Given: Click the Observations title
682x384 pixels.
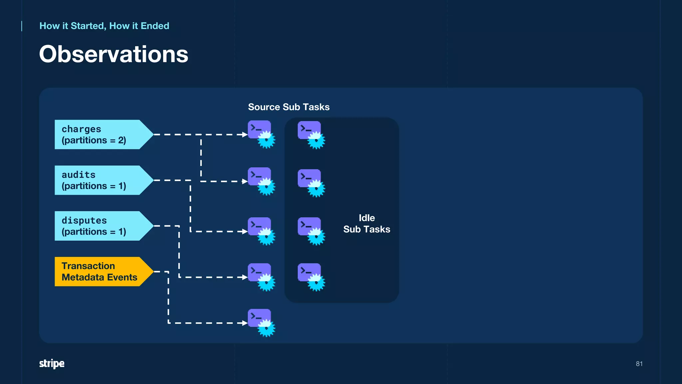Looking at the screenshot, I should [114, 54].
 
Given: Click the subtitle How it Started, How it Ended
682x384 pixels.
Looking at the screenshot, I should [104, 26].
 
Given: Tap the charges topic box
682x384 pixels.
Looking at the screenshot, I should [100, 134].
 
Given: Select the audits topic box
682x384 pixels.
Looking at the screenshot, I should [100, 180].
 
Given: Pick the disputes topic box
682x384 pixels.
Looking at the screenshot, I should [100, 226].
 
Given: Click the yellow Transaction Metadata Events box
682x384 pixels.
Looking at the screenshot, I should [100, 271].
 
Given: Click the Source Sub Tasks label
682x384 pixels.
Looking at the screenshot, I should [289, 107].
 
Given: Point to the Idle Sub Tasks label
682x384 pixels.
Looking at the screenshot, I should [367, 224].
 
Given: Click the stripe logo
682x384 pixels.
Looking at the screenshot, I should [52, 363].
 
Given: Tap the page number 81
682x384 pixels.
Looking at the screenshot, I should [639, 364].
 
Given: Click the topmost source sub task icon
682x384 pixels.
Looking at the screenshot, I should [261, 134].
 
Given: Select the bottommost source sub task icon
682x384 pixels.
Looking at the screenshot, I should [261, 322].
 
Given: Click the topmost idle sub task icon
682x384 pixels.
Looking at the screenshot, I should [311, 135].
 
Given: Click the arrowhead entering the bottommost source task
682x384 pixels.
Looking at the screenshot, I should [245, 323].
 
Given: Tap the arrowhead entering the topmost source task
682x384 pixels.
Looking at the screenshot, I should [245, 135].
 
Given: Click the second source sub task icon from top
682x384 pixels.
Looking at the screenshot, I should [261, 181].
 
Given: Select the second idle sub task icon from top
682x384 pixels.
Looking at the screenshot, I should [311, 183].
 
